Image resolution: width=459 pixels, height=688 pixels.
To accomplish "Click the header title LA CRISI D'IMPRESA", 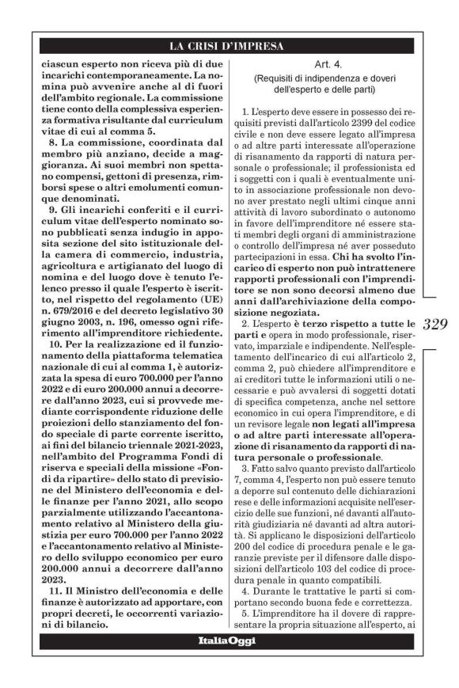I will pos(229,45).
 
